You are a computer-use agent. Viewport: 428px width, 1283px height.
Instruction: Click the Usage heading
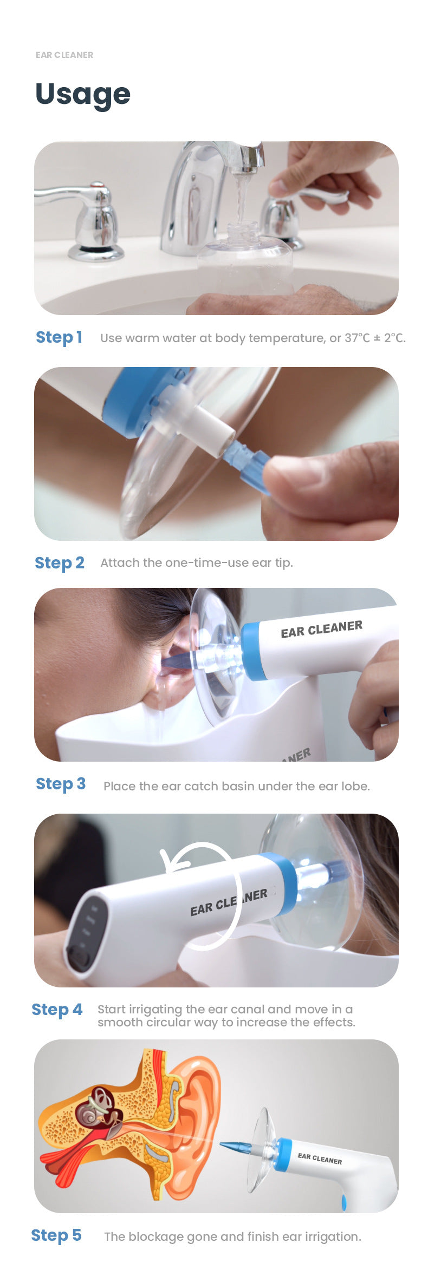pyautogui.click(x=82, y=94)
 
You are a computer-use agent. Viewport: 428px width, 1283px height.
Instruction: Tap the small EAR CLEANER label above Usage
pyautogui.click(x=64, y=55)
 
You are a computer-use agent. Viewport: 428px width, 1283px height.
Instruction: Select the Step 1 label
pyautogui.click(x=59, y=337)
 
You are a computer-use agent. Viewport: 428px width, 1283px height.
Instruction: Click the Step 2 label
pyautogui.click(x=60, y=563)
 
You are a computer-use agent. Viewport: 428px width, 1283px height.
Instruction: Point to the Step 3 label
pyautogui.click(x=60, y=784)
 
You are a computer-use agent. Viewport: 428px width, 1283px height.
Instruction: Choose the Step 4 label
pyautogui.click(x=57, y=1010)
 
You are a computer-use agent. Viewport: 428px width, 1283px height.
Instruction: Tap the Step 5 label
pyautogui.click(x=56, y=1235)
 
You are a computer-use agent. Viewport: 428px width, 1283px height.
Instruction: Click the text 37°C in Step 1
pyautogui.click(x=358, y=338)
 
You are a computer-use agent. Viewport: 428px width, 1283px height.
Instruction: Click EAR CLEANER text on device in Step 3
pyautogui.click(x=321, y=629)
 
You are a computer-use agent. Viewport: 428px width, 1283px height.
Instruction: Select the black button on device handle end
pyautogui.click(x=79, y=960)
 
